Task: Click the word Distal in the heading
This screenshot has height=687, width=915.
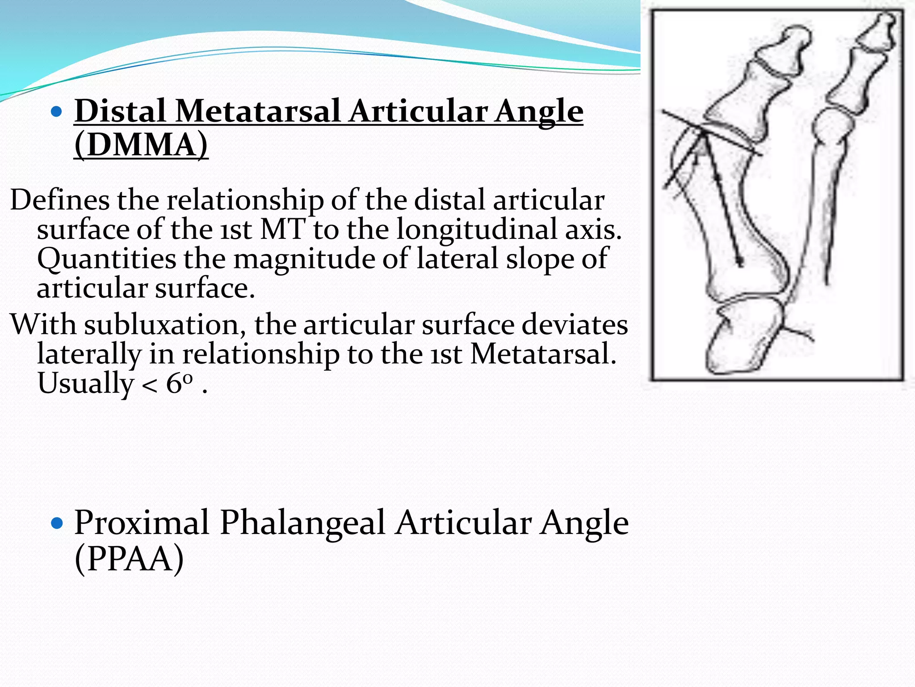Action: pyautogui.click(x=120, y=111)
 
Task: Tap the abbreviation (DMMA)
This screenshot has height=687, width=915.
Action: pyautogui.click(x=141, y=145)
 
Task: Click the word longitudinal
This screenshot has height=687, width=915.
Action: pyautogui.click(x=476, y=229)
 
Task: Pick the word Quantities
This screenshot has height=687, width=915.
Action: pyautogui.click(x=106, y=259)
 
